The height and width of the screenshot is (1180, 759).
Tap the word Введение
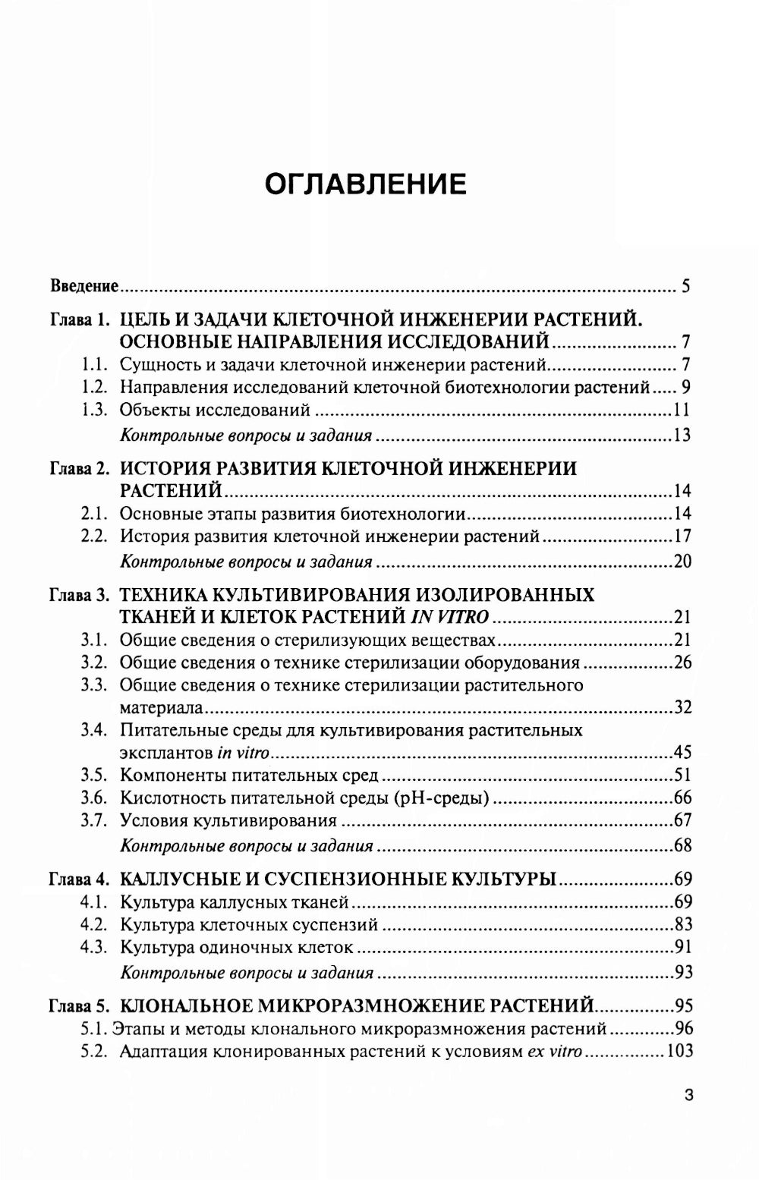point(84,287)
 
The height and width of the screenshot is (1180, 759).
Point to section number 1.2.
point(96,388)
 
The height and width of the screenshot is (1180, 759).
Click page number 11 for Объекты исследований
point(681,411)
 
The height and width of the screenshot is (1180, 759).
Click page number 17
point(682,537)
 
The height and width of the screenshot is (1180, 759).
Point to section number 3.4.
point(96,731)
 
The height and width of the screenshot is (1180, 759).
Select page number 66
point(682,798)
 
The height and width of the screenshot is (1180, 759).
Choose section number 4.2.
point(96,925)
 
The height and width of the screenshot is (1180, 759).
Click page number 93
point(682,972)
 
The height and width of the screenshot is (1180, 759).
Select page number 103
point(678,1053)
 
